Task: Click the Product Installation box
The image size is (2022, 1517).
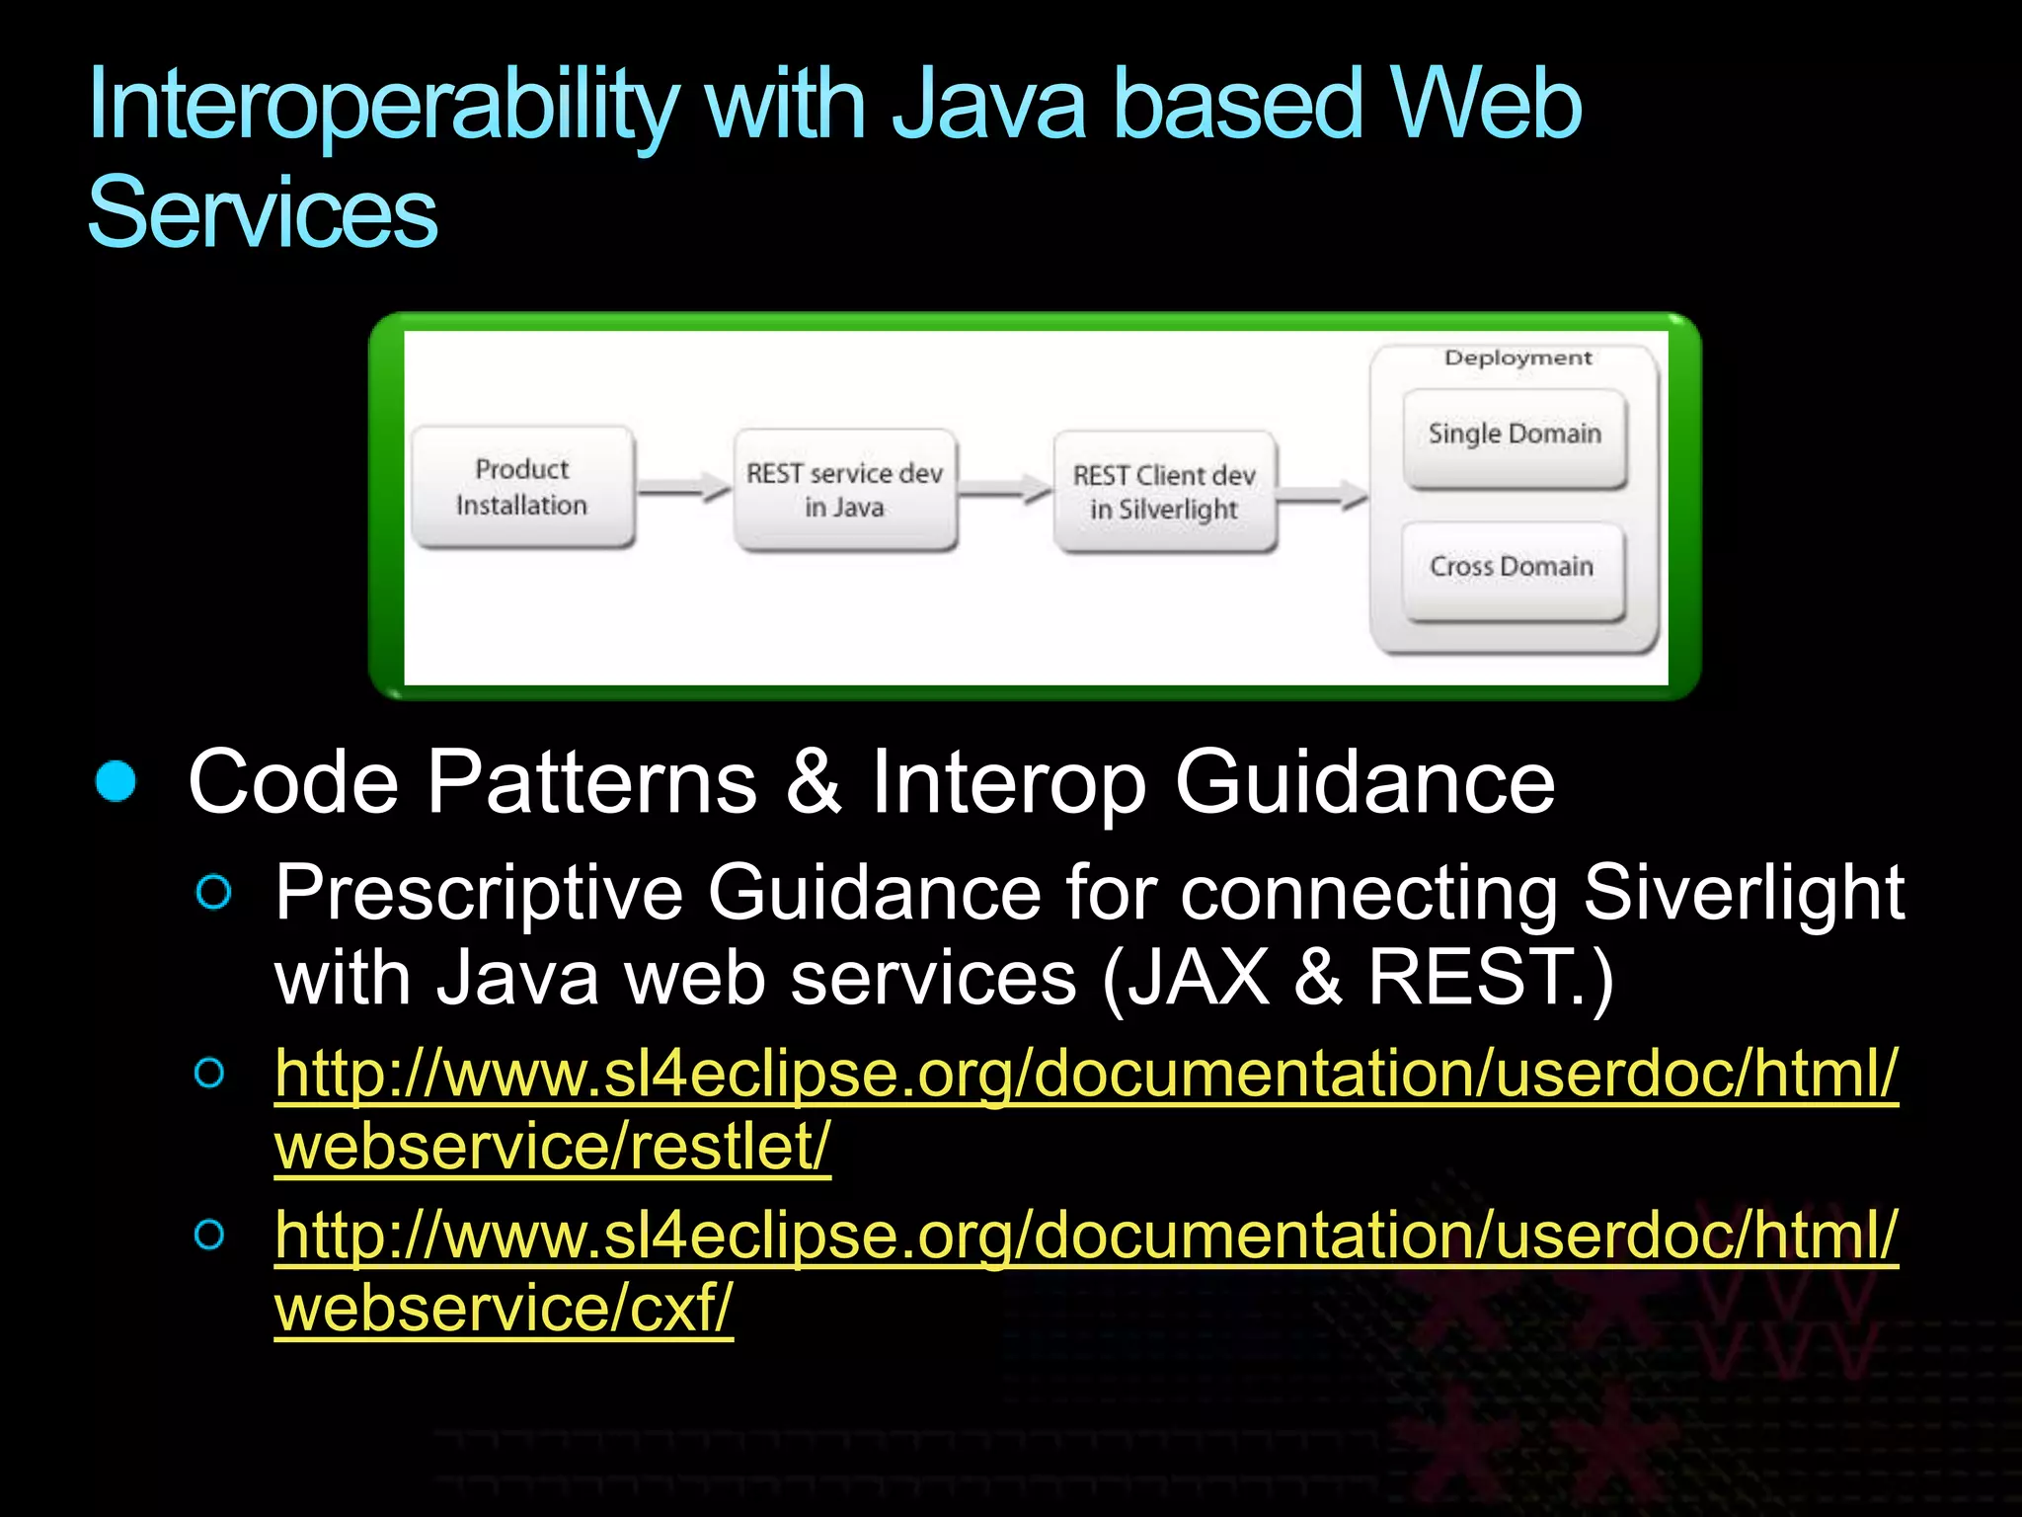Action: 522,487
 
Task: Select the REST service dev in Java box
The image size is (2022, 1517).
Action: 845,490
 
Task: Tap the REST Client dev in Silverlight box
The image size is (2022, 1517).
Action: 1165,492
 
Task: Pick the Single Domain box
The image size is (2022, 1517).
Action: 1515,436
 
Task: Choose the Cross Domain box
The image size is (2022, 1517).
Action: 1513,568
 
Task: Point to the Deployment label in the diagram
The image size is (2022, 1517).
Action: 1517,358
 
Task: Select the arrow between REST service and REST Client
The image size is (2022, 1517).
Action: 1005,489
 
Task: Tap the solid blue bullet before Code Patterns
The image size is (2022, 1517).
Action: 117,781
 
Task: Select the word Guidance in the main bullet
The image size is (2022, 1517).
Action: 1364,781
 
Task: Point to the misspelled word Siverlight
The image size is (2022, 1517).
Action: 1743,892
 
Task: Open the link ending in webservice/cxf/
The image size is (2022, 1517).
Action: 1086,1237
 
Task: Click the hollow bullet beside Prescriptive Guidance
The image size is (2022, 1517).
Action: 213,892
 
